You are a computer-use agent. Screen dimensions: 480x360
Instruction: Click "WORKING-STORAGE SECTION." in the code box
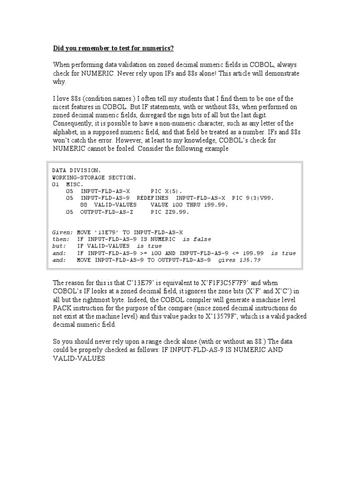pyautogui.click(x=94, y=178)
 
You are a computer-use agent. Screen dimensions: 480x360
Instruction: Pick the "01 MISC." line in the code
pyautogui.click(x=67, y=185)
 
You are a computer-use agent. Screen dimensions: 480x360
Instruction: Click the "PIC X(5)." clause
pyautogui.click(x=167, y=192)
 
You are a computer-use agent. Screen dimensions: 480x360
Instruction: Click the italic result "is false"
pyautogui.click(x=197, y=239)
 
